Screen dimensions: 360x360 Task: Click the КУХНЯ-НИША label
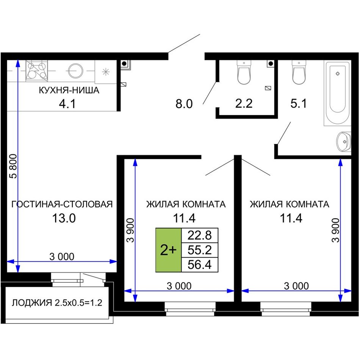[x=69, y=90]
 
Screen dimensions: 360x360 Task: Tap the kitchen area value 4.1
[x=67, y=104]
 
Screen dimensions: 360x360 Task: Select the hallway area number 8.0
[x=184, y=104]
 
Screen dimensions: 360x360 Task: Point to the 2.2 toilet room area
[x=244, y=103]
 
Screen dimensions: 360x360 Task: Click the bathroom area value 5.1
[x=299, y=103]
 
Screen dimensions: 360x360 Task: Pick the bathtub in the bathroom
[x=338, y=93]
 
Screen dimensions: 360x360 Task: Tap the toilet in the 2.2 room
[x=244, y=72]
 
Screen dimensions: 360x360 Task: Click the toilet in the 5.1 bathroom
[x=299, y=72]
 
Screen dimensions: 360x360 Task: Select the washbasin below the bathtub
[x=344, y=142]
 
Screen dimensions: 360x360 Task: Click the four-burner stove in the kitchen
[x=37, y=71]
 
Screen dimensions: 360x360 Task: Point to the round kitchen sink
[x=75, y=70]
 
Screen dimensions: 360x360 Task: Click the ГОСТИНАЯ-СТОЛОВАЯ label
[x=62, y=204]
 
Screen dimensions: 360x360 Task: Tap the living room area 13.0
[x=64, y=218]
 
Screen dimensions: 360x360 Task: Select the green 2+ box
[x=169, y=250]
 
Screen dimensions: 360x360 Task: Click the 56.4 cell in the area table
[x=199, y=265]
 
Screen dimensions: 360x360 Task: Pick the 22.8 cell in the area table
[x=199, y=235]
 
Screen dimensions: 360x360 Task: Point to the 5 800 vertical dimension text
[x=13, y=166]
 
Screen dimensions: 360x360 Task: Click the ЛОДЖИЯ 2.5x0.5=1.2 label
[x=57, y=303]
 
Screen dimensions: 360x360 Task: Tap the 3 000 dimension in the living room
[x=62, y=257]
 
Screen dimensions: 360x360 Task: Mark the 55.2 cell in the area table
[x=199, y=250]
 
